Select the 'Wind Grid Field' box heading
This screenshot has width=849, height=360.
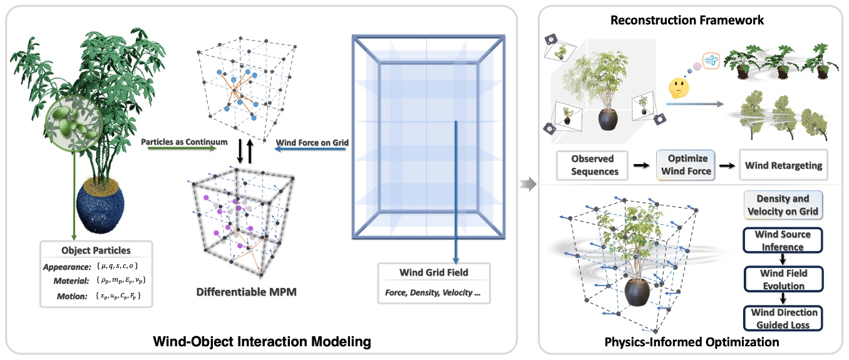coord(433,272)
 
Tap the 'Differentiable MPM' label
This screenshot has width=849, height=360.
coord(239,291)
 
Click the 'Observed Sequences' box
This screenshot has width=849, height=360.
coord(592,165)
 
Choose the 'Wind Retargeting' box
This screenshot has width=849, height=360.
coord(783,165)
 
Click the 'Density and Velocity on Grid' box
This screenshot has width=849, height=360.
coord(782,205)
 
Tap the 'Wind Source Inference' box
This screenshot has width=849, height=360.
coord(782,240)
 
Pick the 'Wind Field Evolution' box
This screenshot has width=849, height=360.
coord(782,279)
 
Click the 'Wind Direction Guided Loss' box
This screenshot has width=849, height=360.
coord(782,318)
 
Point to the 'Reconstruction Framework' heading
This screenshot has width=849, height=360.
coord(687,20)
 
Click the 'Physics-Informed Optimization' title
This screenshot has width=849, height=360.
coord(691,342)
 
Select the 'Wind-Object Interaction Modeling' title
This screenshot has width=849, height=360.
coord(262,342)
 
